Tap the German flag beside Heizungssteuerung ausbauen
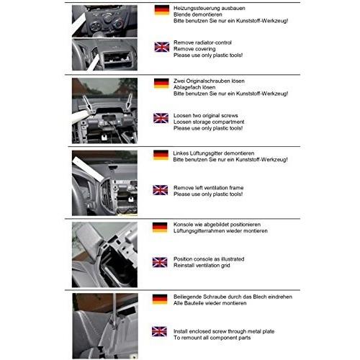pos(162,10)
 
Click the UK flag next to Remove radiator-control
pos(162,47)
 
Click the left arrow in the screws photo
pos(87,103)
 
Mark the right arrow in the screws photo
pos(129,102)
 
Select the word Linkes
pos(181,153)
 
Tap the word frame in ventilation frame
pos(236,188)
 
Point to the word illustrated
pos(231,259)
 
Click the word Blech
pos(260,297)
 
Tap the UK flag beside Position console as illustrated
pos(160,262)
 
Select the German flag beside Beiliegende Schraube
pos(160,300)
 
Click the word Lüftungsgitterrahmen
pos(199,231)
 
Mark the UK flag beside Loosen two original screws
pos(161,118)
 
